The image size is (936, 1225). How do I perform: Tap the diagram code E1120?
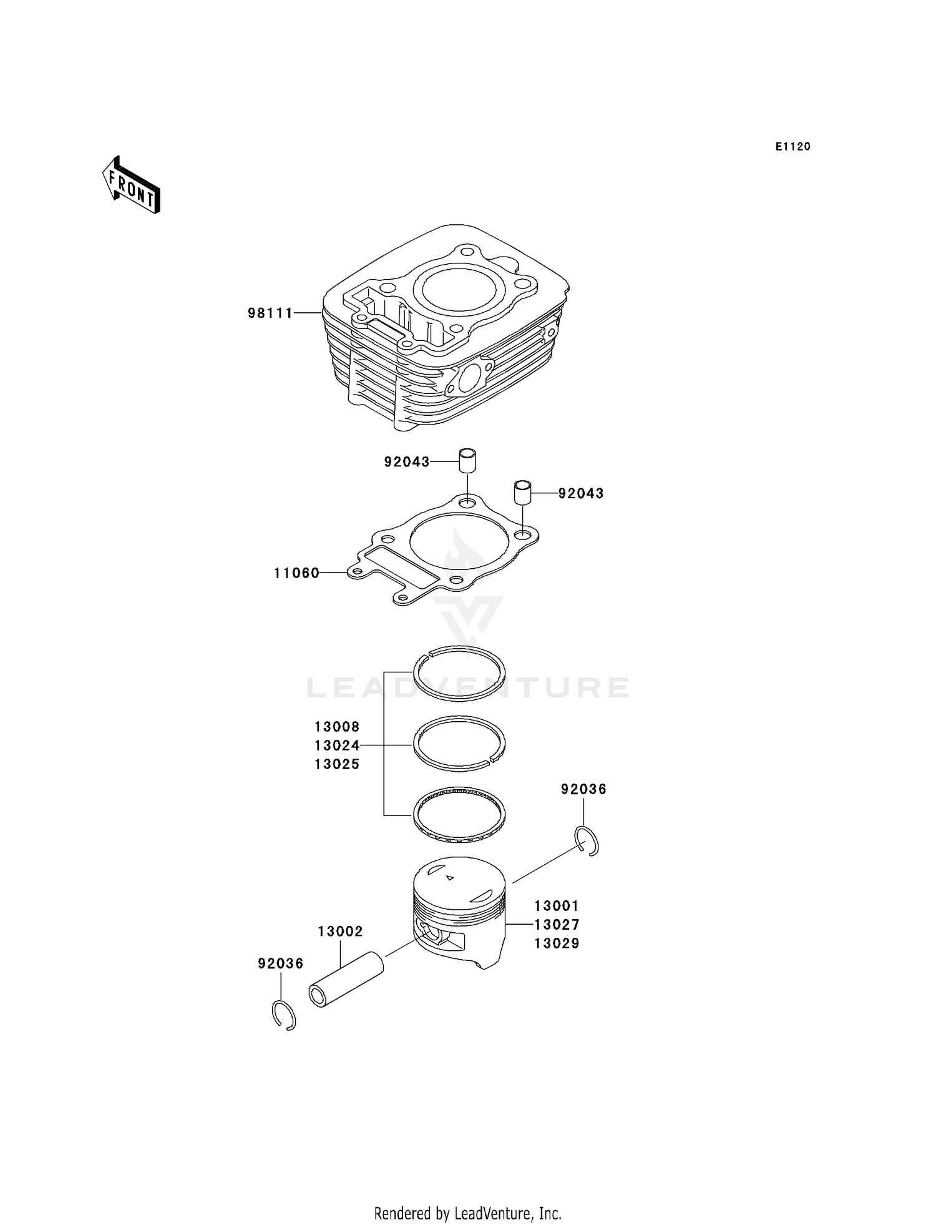792,147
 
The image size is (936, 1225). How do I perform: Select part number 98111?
270,313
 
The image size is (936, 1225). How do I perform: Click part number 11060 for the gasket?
296,573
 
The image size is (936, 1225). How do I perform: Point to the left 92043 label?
407,462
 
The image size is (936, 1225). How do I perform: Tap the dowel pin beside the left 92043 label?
467,461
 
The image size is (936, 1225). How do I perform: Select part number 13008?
337,727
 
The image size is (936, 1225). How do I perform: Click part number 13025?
337,764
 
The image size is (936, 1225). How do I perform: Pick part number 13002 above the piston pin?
340,932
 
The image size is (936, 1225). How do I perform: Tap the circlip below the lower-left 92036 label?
285,1015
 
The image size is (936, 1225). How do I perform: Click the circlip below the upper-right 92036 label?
587,840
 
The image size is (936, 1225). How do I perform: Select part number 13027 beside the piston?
557,925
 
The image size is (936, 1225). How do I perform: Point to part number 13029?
557,943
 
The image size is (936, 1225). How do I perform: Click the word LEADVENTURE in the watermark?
468,687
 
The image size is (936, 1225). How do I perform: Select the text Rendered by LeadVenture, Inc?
467,1213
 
